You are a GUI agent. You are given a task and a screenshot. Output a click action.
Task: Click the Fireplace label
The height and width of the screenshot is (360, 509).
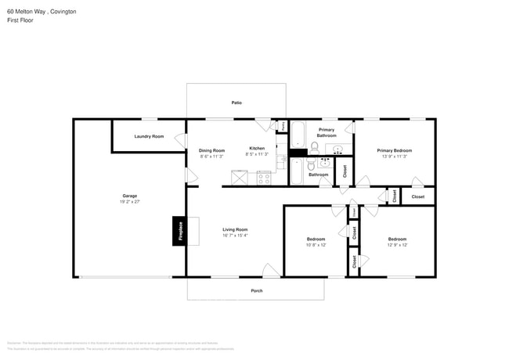(x=179, y=231)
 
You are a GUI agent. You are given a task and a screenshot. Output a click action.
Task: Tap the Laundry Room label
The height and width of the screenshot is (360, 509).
(x=149, y=136)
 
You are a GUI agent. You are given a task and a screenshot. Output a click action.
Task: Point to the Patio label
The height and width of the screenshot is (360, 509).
(x=236, y=103)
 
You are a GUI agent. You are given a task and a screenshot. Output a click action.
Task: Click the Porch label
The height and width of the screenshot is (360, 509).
(x=256, y=290)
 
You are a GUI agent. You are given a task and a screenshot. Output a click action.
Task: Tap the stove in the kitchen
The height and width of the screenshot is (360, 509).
(x=264, y=177)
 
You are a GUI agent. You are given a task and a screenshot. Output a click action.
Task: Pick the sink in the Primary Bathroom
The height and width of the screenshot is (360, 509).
(x=338, y=149)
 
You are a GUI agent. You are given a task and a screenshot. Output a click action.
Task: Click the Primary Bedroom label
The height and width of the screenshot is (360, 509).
(x=394, y=150)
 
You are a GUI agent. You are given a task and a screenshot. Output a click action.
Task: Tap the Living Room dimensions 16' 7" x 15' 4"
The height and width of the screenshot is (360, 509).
(x=235, y=235)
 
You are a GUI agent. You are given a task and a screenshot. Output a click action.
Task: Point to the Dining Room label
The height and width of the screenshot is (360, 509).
(x=211, y=150)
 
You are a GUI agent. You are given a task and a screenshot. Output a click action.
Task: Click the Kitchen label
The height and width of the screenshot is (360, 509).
(x=257, y=148)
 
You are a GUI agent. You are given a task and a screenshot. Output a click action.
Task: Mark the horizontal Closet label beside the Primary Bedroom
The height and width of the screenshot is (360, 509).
(x=417, y=196)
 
